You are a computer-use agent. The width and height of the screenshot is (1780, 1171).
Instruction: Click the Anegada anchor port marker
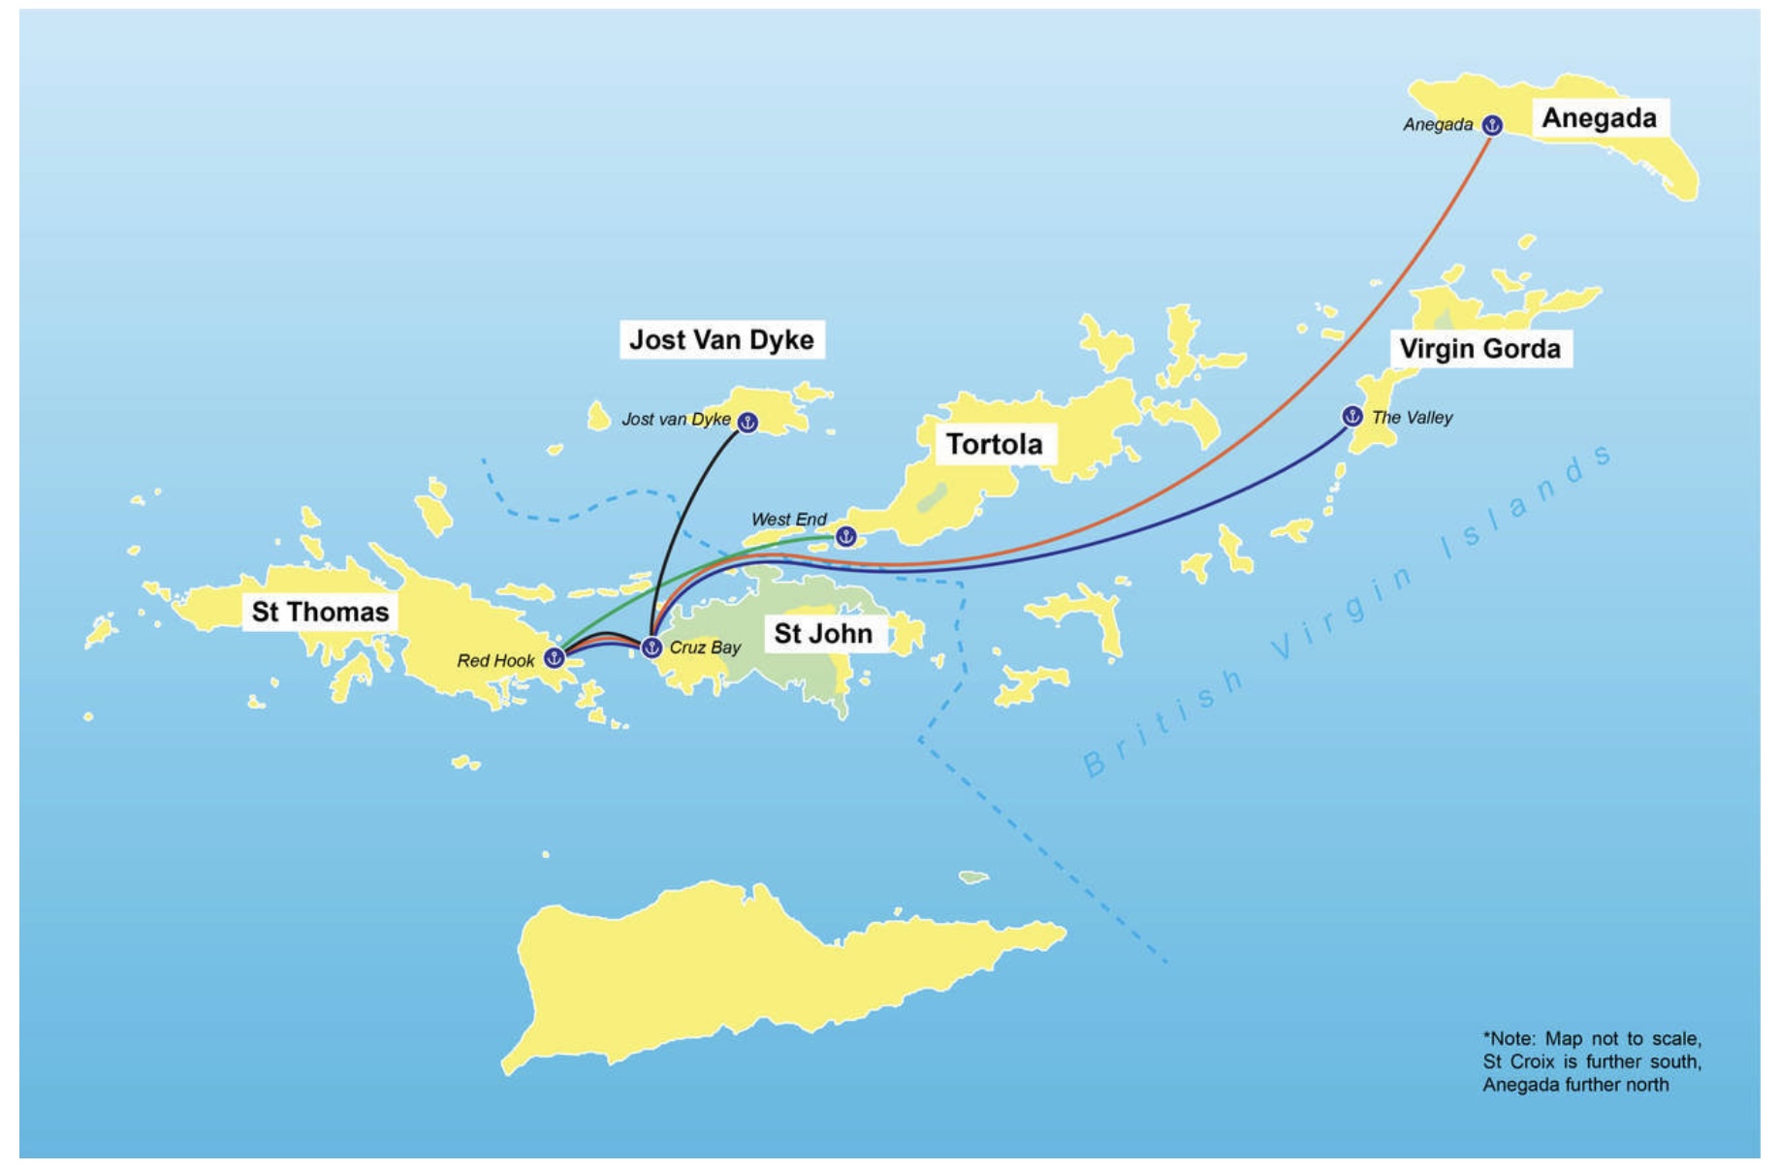coord(1492,125)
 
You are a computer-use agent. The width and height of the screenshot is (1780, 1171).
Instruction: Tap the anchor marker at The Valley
coord(1351,416)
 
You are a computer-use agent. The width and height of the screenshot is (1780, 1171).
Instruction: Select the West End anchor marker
coord(845,536)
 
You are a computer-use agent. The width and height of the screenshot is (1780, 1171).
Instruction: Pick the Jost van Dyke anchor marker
coord(747,422)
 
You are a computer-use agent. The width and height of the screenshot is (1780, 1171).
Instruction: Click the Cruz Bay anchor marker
coord(652,647)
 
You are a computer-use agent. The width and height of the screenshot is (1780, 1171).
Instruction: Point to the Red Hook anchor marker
coord(554,658)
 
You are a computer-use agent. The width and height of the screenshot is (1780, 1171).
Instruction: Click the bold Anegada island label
coord(1599,118)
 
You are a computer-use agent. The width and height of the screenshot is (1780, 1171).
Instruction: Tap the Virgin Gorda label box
coord(1479,349)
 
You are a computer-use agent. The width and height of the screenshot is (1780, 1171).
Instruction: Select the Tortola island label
coord(994,444)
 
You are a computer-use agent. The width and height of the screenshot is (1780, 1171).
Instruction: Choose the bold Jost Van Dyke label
coord(721,339)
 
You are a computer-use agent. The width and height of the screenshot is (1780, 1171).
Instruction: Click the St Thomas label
coord(320,612)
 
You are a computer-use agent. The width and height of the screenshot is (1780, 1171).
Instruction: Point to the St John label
coord(823,634)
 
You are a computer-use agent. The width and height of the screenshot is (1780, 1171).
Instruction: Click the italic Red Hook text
coord(495,661)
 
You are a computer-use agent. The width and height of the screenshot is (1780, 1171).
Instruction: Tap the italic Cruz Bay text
coord(705,648)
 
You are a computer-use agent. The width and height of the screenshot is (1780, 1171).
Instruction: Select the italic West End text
coord(788,520)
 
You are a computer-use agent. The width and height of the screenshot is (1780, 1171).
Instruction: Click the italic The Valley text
coord(1412,418)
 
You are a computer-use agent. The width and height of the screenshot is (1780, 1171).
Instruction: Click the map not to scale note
coord(1591,1061)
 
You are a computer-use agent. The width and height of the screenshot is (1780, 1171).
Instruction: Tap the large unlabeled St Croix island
coord(737,969)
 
